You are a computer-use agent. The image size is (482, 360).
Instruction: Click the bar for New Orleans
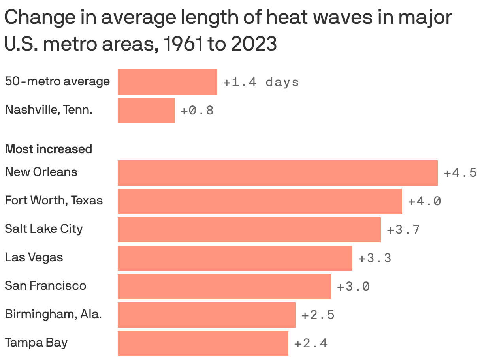pyautogui.click(x=277, y=172)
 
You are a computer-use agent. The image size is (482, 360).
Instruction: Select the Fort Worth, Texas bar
pyautogui.click(x=260, y=201)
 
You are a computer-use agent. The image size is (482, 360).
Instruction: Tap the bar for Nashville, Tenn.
pyautogui.click(x=146, y=110)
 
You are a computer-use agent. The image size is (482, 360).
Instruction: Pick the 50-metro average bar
pyautogui.click(x=167, y=82)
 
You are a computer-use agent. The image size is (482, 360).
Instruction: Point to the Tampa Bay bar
pyautogui.click(x=203, y=343)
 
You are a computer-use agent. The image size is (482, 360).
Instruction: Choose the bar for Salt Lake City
pyautogui.click(x=249, y=229)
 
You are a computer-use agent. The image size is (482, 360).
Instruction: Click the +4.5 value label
pyautogui.click(x=460, y=173)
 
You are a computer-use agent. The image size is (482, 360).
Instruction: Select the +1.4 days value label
pyautogui.click(x=261, y=82)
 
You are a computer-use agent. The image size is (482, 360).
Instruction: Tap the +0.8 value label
pyautogui.click(x=197, y=111)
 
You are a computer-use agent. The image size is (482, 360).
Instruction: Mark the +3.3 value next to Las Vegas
pyautogui.click(x=375, y=258)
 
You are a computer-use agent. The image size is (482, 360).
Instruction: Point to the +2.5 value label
pyautogui.click(x=318, y=315)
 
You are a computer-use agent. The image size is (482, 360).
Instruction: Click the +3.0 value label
pyautogui.click(x=353, y=287)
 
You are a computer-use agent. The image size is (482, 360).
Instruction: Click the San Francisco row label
pyautogui.click(x=45, y=285)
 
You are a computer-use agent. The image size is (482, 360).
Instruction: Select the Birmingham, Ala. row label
pyautogui.click(x=53, y=314)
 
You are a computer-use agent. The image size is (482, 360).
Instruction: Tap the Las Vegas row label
pyautogui.click(x=34, y=257)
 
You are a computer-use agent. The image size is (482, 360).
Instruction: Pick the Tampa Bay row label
pyautogui.click(x=36, y=342)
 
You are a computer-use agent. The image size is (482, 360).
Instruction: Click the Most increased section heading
pyautogui.click(x=48, y=149)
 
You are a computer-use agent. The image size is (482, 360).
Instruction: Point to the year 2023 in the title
pyautogui.click(x=254, y=44)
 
